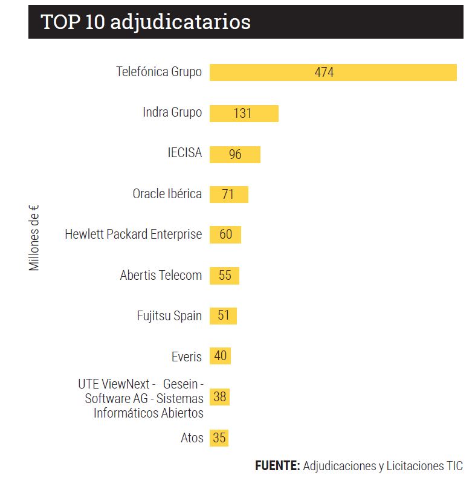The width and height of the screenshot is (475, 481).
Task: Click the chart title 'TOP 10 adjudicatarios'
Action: (146, 22)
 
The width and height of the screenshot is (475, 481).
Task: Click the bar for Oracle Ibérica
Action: (239, 194)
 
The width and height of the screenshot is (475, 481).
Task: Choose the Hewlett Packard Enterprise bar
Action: (233, 234)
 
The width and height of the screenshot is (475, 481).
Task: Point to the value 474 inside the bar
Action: (324, 73)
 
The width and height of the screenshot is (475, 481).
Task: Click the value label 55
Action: (225, 275)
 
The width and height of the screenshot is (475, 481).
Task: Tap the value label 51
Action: (224, 315)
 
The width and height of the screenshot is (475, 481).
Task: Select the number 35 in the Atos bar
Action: (219, 437)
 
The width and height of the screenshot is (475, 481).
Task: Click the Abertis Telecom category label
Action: (161, 276)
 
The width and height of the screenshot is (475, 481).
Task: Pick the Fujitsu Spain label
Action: (169, 316)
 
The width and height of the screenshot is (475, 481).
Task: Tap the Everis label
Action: (187, 357)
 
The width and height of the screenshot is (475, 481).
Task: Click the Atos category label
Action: (192, 438)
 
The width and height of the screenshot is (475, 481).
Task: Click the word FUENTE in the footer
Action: (277, 466)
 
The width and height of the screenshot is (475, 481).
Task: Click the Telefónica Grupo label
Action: (159, 72)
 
